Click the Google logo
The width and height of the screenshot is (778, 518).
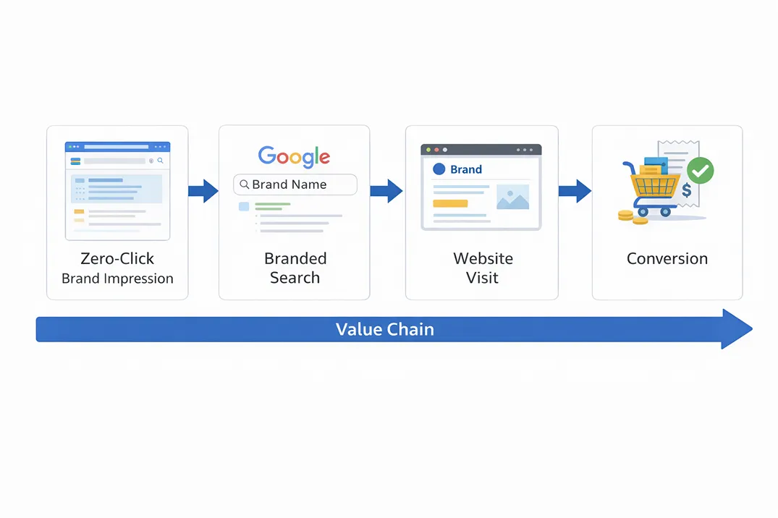[x=294, y=156]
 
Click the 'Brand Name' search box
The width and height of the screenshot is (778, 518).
[x=295, y=184]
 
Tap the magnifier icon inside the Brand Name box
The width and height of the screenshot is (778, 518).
[x=244, y=184]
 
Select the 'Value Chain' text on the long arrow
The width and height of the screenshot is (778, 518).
[x=384, y=330]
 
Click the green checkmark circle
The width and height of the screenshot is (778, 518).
[x=700, y=171]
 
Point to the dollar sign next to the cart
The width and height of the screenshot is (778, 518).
[x=685, y=191]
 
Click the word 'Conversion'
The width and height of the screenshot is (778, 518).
[x=667, y=259]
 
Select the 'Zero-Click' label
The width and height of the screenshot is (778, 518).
[x=117, y=259]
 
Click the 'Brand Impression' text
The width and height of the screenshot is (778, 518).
[x=117, y=279]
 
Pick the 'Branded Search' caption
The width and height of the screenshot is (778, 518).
[x=295, y=268]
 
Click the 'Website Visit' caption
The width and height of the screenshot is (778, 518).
[x=482, y=268]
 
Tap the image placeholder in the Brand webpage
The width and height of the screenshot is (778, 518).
[x=512, y=197]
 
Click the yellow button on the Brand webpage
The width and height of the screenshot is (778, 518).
[x=450, y=203]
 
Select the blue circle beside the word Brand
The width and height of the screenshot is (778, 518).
[x=438, y=169]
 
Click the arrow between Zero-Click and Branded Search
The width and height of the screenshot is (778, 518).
[x=203, y=191]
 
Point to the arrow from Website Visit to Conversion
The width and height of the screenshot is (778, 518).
[x=575, y=191]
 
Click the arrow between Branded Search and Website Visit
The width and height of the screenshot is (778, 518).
[x=386, y=191]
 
